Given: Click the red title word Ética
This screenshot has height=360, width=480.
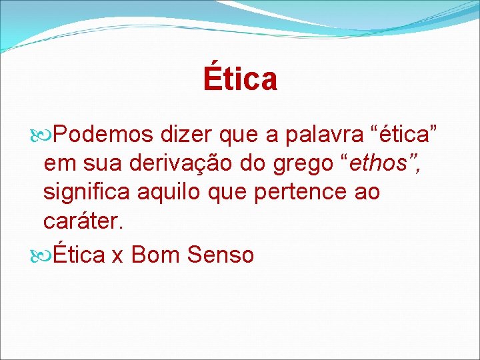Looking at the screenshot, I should tap(240, 79).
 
